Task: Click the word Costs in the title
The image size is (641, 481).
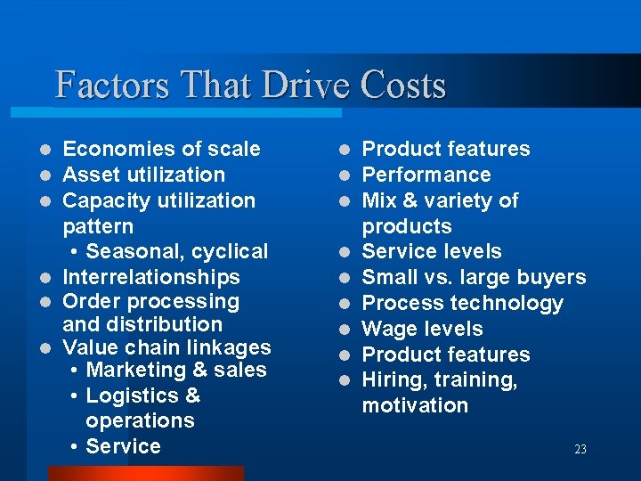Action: [x=403, y=86]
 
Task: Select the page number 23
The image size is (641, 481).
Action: [x=580, y=450]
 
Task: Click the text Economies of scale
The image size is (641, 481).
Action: [x=162, y=149]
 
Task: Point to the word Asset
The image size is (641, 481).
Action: [x=93, y=175]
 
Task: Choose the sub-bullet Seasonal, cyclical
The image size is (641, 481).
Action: [x=177, y=251]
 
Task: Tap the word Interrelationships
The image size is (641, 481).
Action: [x=151, y=277]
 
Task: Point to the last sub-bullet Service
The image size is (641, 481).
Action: [x=124, y=446]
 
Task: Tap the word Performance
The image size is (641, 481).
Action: [x=426, y=175]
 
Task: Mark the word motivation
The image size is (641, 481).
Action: [x=415, y=405]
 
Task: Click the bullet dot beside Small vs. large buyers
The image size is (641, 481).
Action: [x=345, y=278]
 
